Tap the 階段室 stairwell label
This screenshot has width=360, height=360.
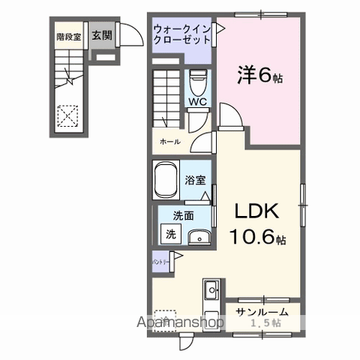(68, 36)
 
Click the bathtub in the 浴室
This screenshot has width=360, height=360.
(166, 181)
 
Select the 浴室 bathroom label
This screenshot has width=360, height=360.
(196, 180)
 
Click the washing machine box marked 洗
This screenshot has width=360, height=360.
(172, 233)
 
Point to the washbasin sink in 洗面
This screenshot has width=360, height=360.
(199, 238)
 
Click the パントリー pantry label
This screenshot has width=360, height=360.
(160, 262)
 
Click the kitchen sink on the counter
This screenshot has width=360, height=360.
(211, 288)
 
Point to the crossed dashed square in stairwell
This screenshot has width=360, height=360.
(69, 115)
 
